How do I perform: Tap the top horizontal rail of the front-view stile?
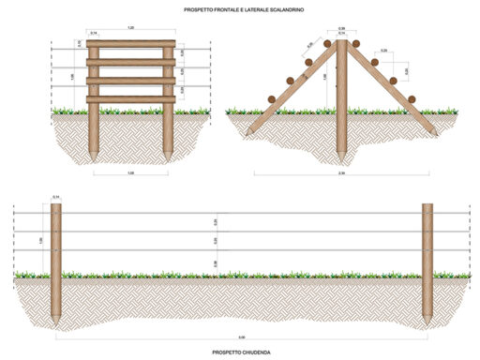[x=131, y=43]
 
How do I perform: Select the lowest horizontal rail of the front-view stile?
[x=131, y=98]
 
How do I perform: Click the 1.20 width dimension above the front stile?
[x=130, y=30]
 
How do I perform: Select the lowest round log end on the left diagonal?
[x=271, y=97]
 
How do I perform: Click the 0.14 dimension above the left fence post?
[x=55, y=197]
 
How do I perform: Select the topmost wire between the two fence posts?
[x=242, y=213]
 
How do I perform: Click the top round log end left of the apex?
[x=327, y=44]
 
